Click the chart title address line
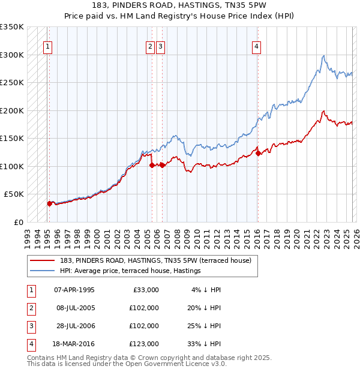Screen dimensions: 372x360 [179, 5]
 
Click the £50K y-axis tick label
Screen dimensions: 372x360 [14, 194]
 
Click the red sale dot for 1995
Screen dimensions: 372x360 [49, 203]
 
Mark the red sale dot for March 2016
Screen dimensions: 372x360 [259, 154]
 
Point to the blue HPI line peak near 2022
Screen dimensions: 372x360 [324, 56]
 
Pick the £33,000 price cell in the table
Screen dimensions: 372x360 [143, 290]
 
